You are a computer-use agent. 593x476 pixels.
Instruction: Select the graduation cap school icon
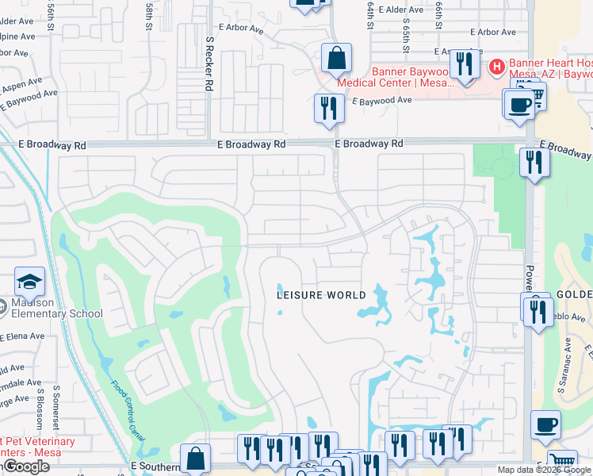pos(29,282)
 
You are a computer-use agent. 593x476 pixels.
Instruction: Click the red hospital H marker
pos(496,67)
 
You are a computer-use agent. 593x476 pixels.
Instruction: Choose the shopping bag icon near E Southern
pos(195,459)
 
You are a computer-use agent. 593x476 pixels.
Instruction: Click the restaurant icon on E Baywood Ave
pos(328,107)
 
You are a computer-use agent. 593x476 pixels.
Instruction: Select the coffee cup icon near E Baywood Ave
pos(519,104)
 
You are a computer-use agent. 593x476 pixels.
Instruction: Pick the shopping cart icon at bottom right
pos(562,461)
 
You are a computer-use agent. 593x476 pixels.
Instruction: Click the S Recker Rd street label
pos(209,61)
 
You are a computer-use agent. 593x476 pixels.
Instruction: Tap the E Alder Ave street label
pos(400,10)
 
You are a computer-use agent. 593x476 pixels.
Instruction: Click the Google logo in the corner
pos(26,466)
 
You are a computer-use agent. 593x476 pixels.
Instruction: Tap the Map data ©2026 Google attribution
pos(544,470)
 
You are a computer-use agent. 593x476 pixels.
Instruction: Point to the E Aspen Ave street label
pos(21,83)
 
